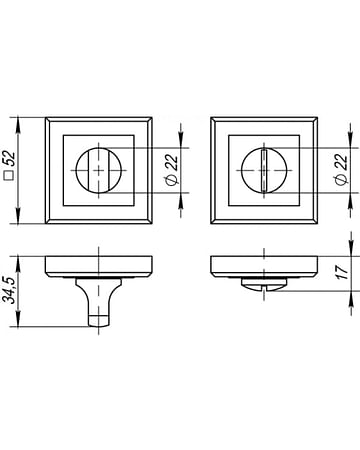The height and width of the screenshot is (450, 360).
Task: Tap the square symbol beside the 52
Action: point(11,176)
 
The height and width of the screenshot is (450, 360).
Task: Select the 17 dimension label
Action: point(342,272)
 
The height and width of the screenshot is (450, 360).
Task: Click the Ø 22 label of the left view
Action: point(172,169)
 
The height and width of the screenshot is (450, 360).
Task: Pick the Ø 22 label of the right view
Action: point(341,169)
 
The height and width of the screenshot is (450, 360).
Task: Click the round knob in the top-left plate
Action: point(99,171)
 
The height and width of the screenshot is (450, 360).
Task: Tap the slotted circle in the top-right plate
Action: point(264,171)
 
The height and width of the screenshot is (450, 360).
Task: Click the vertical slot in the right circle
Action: point(264,171)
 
